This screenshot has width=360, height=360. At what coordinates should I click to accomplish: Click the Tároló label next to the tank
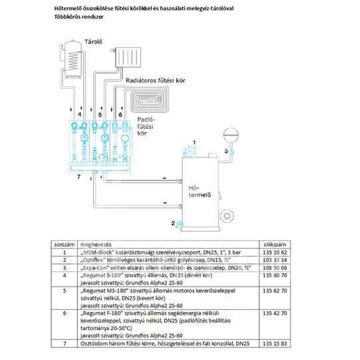[93, 42]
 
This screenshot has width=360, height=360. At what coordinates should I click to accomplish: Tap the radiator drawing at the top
[128, 57]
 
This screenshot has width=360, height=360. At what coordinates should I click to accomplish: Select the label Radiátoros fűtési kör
[155, 81]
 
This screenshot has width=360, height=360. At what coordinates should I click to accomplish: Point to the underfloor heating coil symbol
[150, 99]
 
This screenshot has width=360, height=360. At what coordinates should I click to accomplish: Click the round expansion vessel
[231, 135]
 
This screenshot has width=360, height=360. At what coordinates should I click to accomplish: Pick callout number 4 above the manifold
[79, 114]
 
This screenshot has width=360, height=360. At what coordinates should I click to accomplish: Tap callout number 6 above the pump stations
[120, 115]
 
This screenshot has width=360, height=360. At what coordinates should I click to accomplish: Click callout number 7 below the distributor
[79, 177]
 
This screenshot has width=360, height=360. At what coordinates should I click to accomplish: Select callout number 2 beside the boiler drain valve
[173, 223]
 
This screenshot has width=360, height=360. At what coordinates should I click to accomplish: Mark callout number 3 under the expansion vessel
[226, 151]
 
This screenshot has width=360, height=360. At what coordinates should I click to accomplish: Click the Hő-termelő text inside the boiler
[200, 191]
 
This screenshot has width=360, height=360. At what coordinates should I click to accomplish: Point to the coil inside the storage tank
[73, 61]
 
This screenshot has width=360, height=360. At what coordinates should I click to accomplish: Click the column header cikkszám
[275, 245]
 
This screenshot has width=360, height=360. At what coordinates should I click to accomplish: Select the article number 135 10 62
[275, 252]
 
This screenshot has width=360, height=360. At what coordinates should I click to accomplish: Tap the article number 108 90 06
[275, 268]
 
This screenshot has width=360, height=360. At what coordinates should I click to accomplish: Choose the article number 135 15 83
[275, 343]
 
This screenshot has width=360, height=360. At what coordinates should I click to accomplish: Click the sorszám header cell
[65, 245]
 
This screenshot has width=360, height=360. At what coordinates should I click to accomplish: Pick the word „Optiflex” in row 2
[93, 260]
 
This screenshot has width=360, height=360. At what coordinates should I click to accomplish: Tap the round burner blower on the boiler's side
[227, 216]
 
